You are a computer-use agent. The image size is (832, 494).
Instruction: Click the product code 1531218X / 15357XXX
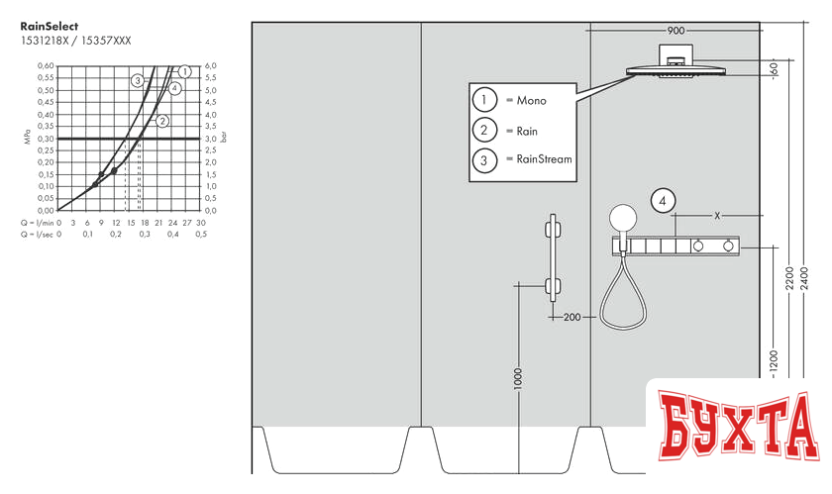[x=75, y=41]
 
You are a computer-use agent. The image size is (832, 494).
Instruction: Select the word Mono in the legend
[x=530, y=100]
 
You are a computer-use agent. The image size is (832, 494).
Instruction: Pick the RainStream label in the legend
[x=544, y=158]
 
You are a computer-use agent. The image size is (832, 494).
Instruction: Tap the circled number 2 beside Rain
[x=484, y=131]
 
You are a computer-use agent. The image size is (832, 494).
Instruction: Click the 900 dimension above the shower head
[x=676, y=32]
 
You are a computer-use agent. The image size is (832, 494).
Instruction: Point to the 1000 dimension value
[x=517, y=380]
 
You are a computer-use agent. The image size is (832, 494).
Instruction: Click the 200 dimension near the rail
[x=572, y=318]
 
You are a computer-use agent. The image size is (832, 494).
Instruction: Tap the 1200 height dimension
[x=775, y=361]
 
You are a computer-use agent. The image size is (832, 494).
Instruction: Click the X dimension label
[x=717, y=215]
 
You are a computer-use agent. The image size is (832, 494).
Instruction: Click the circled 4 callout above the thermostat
[x=664, y=201]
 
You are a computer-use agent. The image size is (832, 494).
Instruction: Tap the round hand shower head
[x=622, y=218]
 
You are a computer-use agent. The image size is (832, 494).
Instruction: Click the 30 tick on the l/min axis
[x=201, y=223]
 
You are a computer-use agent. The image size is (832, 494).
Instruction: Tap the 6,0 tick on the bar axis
[x=210, y=66]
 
